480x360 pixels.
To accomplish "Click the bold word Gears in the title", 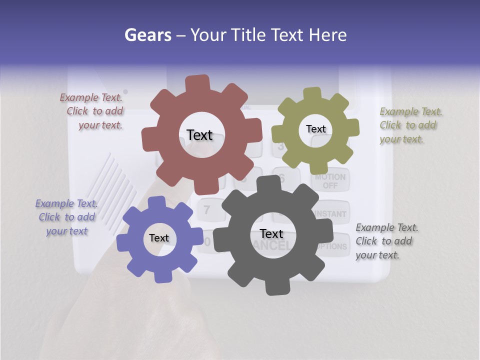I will (147, 35).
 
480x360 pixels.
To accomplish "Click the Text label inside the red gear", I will (199, 135).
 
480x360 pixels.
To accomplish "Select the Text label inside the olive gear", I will (315, 129).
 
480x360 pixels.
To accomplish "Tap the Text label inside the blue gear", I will (159, 238).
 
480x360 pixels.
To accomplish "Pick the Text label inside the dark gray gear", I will (271, 234).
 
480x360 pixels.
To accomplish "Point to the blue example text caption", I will (66, 217).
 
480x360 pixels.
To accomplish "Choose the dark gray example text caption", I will (386, 241).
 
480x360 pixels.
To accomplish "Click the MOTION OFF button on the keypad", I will (330, 181).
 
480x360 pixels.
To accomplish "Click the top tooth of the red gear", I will (197, 83).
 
